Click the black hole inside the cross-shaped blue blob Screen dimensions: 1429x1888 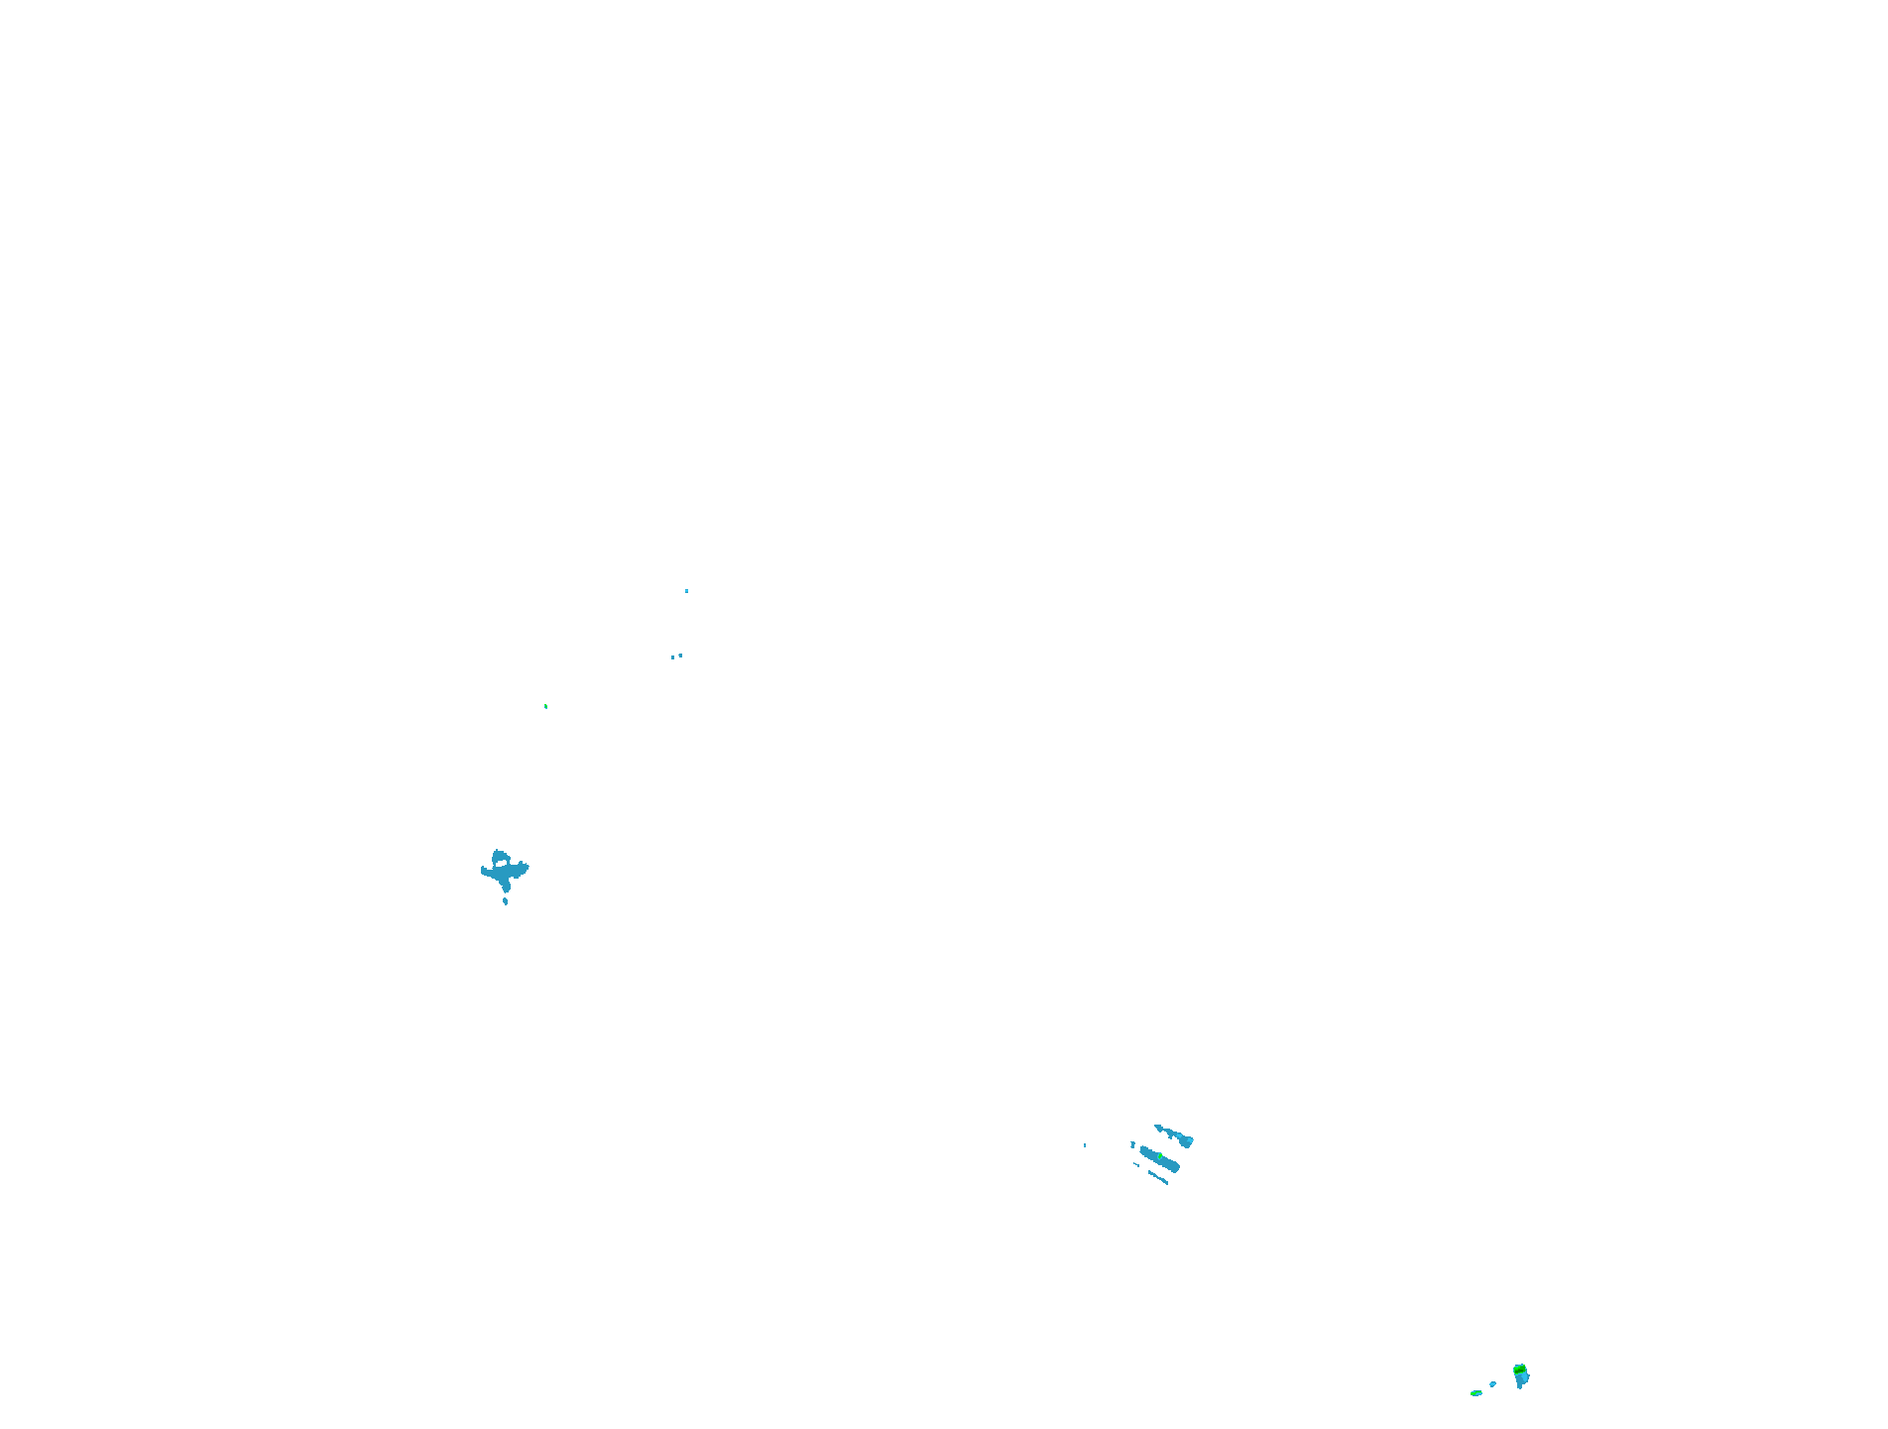(x=502, y=864)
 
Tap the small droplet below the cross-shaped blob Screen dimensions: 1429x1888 (x=506, y=901)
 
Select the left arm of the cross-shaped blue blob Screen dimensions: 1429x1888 (x=486, y=872)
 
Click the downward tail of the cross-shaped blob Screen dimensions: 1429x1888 (x=505, y=886)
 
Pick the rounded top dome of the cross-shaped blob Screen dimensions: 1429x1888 (x=500, y=853)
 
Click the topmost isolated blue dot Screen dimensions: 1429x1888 (x=686, y=591)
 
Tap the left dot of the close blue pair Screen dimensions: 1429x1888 (x=672, y=657)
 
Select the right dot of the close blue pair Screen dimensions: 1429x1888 (x=680, y=655)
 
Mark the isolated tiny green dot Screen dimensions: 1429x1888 (x=545, y=706)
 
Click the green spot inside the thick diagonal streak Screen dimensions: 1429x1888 (x=1158, y=1156)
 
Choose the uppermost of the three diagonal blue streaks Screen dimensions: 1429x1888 (x=1176, y=1135)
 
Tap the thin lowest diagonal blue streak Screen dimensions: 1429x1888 (x=1158, y=1177)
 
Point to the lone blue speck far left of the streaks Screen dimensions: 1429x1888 (x=1085, y=1145)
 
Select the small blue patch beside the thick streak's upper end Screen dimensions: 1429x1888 (x=1133, y=1145)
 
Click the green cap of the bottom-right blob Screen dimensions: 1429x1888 (x=1519, y=1369)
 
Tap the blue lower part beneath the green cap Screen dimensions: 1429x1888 (x=1522, y=1380)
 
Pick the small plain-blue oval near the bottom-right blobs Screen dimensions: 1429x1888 (x=1492, y=1384)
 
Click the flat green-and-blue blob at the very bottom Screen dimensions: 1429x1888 (x=1475, y=1393)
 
